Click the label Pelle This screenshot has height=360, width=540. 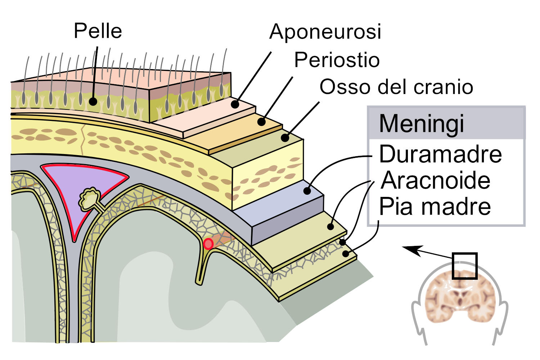point(98,31)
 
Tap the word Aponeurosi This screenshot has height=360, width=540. point(325,32)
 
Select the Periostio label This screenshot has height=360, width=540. point(337,60)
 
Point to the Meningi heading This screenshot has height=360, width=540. point(422,124)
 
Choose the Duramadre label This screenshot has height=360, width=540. point(440,154)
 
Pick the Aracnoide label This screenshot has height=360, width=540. point(436,180)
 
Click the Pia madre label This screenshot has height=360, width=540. point(435,207)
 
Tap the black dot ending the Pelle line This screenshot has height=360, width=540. point(93,102)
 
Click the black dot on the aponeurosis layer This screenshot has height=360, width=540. point(235,104)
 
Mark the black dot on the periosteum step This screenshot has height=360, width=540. point(262,122)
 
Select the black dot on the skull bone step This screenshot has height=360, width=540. point(285,138)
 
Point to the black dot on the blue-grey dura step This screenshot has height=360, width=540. point(307,191)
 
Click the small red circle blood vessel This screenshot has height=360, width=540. point(208,244)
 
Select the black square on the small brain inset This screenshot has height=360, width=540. point(464,266)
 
